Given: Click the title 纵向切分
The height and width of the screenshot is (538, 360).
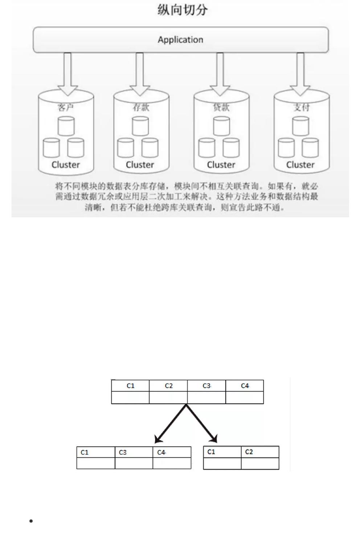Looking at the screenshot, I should click(183, 10).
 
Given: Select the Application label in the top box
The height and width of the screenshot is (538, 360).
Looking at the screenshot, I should click(180, 40).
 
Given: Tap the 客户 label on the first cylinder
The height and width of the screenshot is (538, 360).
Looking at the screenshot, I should click(66, 107).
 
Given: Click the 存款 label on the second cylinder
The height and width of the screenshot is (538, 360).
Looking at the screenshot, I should click(141, 107).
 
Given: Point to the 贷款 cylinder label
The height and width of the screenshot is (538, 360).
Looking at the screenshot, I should click(221, 107).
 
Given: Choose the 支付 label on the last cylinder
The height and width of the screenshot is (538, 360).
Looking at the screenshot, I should click(301, 107).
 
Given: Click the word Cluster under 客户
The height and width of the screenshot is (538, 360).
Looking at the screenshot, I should click(66, 165).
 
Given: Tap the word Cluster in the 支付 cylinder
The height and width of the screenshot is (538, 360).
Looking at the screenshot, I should click(300, 165).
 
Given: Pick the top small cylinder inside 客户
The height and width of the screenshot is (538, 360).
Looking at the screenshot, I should click(66, 126).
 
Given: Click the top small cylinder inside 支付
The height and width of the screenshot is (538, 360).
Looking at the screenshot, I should click(301, 126).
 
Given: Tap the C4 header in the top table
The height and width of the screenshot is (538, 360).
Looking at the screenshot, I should click(245, 386).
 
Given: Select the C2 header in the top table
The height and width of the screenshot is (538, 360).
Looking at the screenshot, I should click(169, 386).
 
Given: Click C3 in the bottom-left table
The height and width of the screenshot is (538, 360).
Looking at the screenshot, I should click(123, 452).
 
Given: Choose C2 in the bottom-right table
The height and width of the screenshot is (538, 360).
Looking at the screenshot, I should click(249, 452).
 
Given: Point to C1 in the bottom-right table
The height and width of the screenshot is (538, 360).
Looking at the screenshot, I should click(211, 452).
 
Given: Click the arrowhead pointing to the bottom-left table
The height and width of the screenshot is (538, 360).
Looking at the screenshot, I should click(158, 439).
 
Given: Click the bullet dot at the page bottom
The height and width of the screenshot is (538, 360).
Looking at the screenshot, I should click(31, 521).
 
